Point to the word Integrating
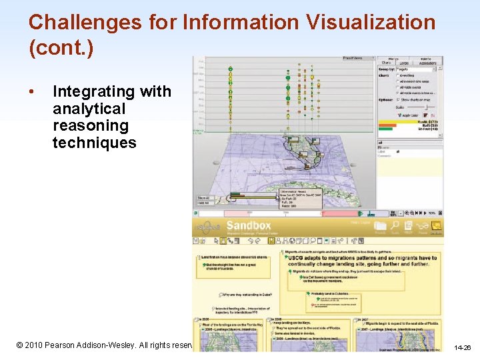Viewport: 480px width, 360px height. coord(111,92)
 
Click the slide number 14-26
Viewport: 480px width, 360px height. coord(462,347)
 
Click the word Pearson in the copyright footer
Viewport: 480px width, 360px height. coord(73,346)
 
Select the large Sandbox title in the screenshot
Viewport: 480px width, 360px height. coord(248,225)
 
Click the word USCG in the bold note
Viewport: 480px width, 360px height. coord(295,258)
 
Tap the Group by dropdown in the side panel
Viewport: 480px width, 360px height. coord(417,69)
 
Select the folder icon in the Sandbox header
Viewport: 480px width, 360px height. coord(380,227)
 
